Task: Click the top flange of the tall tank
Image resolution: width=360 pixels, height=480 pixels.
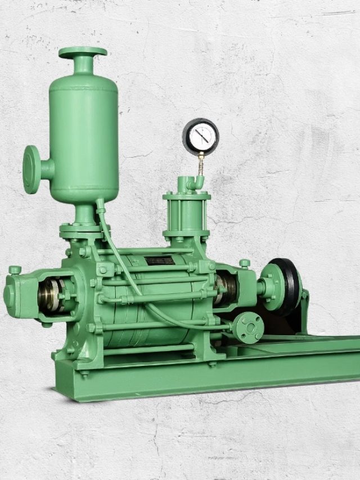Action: click(x=83, y=52)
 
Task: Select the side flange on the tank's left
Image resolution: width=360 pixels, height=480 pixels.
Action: click(x=31, y=169)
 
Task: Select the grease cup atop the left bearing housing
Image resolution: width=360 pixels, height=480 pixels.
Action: click(x=15, y=270)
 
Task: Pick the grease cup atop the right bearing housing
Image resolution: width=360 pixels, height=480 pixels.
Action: click(x=245, y=263)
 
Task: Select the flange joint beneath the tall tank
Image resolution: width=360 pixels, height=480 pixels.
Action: click(x=84, y=229)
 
